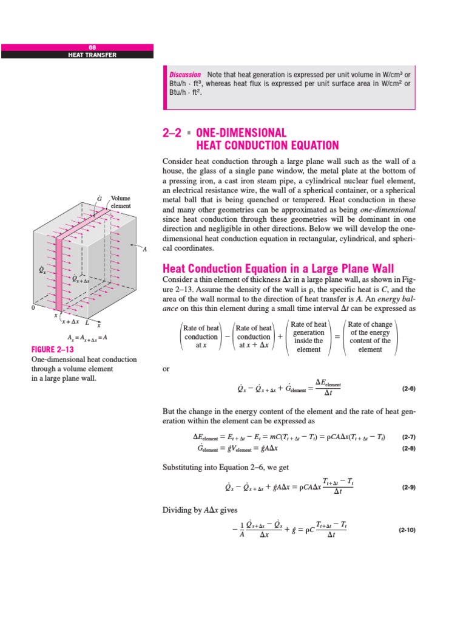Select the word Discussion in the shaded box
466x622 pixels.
185,75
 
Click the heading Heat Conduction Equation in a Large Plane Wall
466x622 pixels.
277,268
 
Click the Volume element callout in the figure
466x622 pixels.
120,202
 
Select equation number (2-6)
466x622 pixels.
408,388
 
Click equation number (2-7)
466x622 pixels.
408,437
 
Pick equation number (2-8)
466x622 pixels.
408,449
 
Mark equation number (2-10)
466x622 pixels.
407,530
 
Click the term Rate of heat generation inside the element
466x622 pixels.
309,337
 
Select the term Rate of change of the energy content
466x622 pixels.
370,337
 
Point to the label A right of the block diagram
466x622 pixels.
144,248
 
